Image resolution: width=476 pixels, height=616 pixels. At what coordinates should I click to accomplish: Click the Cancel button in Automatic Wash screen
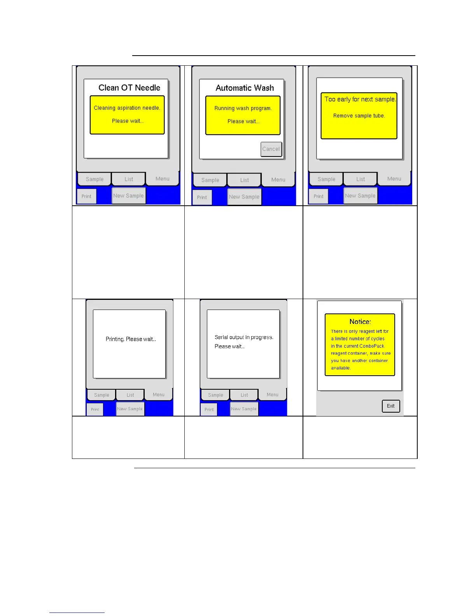(x=271, y=149)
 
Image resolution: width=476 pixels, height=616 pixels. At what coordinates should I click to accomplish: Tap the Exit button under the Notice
(x=390, y=406)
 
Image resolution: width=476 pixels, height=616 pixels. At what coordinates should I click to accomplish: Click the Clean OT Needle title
(x=129, y=88)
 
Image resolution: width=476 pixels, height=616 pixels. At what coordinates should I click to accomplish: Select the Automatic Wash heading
(x=245, y=88)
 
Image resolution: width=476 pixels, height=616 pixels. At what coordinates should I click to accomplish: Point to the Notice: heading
(x=360, y=322)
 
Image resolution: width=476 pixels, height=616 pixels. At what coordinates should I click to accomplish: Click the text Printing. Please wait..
(x=131, y=339)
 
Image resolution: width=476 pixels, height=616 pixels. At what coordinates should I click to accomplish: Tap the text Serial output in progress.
(x=244, y=337)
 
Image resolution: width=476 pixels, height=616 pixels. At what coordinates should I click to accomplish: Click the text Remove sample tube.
(x=359, y=116)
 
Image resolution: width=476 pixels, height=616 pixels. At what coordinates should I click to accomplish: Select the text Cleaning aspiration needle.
(x=127, y=108)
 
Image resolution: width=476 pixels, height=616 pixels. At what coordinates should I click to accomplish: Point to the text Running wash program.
(x=243, y=108)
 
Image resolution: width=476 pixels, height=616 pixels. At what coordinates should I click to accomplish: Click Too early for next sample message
(x=360, y=100)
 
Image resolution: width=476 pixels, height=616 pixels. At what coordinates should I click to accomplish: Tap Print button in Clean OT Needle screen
(x=86, y=196)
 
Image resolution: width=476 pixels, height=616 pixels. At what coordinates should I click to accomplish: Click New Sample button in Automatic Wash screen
(x=244, y=197)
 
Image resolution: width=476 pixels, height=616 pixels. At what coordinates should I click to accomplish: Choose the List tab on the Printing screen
(x=130, y=395)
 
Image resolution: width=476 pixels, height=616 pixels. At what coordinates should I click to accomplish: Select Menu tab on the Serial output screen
(x=272, y=395)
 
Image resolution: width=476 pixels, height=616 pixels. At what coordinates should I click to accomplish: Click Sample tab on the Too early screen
(x=326, y=179)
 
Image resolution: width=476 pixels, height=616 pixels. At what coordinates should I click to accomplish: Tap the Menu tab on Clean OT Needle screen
(x=162, y=179)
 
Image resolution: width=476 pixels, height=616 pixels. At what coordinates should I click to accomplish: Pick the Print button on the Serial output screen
(x=209, y=409)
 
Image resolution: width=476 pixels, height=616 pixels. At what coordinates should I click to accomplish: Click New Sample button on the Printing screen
(x=130, y=409)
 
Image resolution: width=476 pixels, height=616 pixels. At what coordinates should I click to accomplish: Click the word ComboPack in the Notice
(x=372, y=346)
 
